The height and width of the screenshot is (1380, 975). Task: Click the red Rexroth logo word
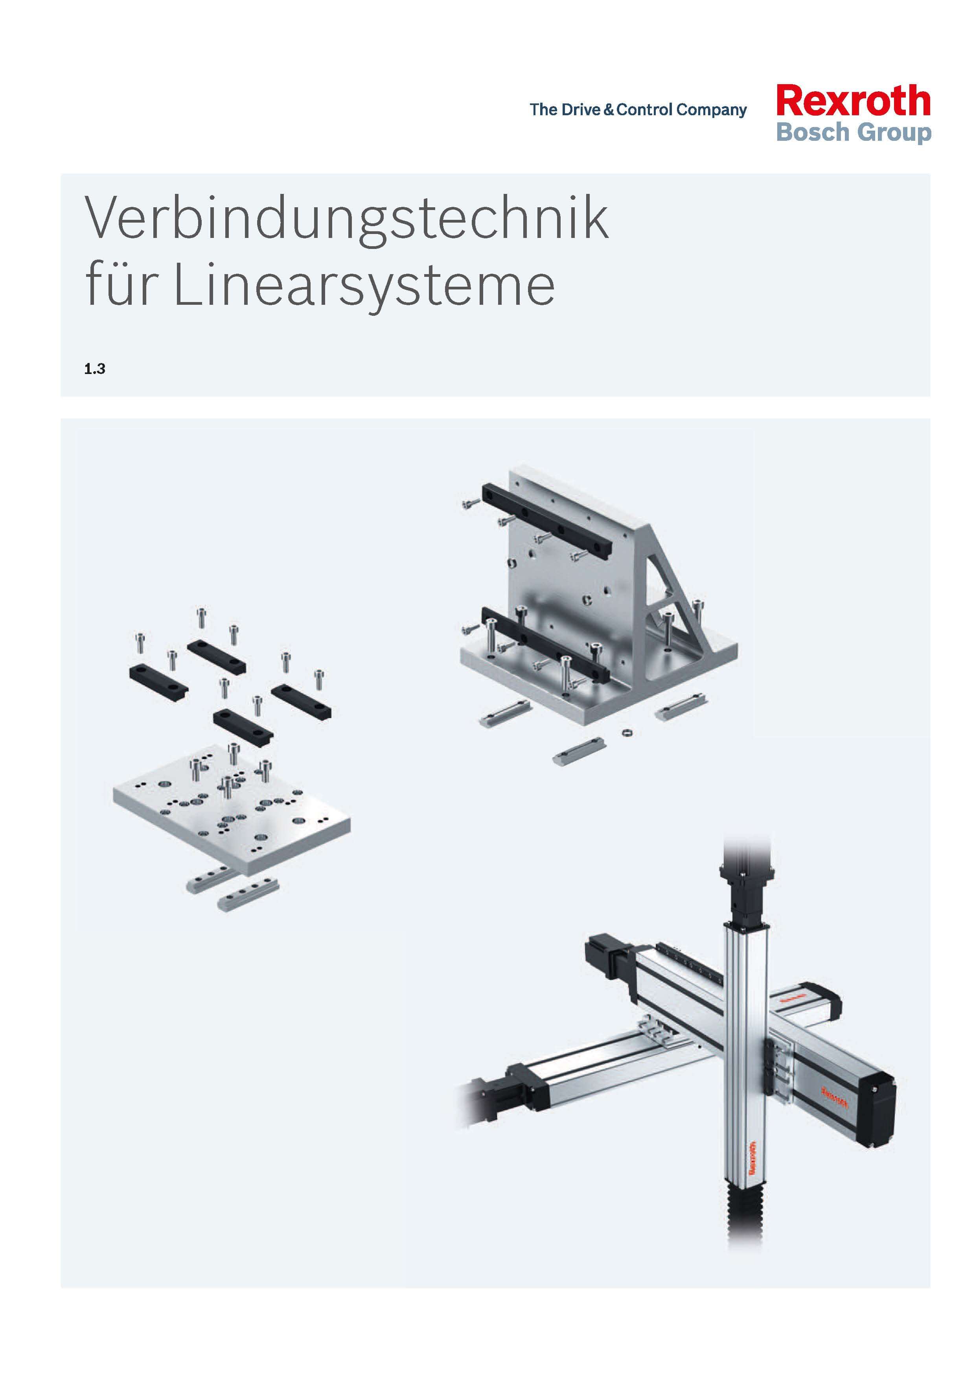[x=853, y=101]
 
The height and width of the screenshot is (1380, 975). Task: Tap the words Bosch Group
[x=853, y=132]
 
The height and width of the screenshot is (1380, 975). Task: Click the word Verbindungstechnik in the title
[x=347, y=219]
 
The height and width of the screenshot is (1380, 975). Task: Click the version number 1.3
[x=95, y=369]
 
